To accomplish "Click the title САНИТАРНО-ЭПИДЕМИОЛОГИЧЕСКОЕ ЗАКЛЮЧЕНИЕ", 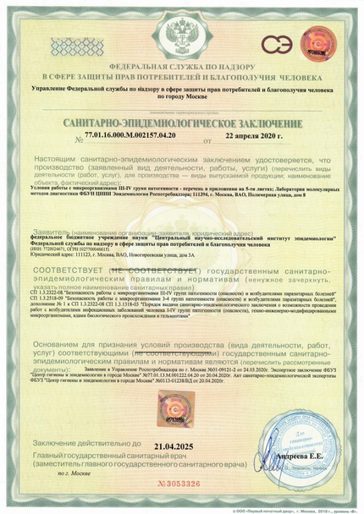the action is point(182,123).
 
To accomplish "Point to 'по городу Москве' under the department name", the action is point(182,96).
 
